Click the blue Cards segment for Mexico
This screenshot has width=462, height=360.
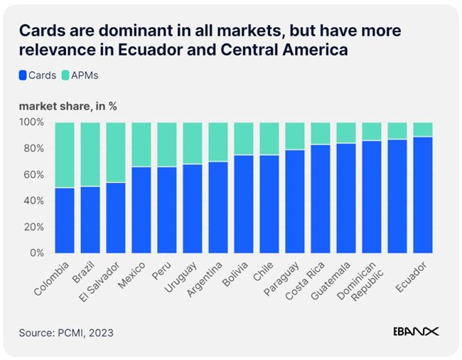tap(141, 210)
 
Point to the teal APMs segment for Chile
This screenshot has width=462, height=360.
tap(269, 139)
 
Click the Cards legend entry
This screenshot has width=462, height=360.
tap(38, 74)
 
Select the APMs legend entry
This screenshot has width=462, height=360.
tap(85, 74)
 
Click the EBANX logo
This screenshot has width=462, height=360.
tap(416, 331)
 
